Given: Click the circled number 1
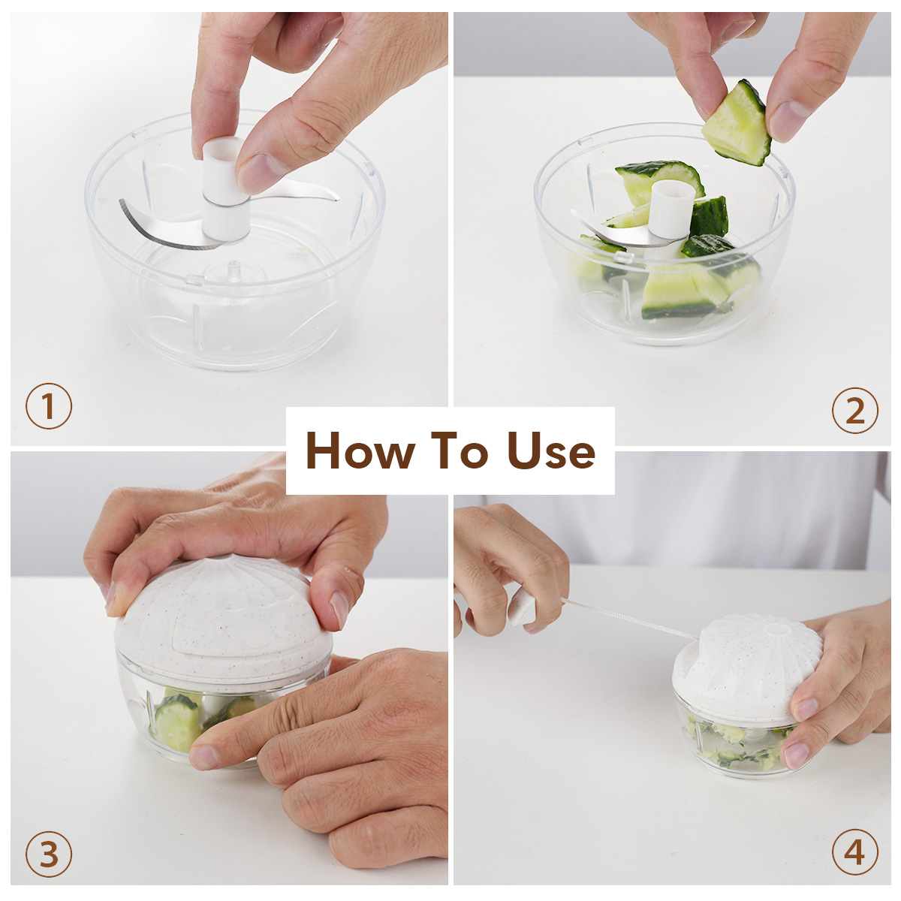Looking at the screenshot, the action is point(49,405).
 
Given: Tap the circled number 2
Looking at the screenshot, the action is point(854,410).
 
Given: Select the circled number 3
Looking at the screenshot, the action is point(49,854).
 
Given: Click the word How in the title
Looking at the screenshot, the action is point(360,450).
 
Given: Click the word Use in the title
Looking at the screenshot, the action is point(551,450).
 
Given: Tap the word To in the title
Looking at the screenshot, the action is point(462,450).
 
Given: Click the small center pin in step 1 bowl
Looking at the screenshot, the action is point(234,271).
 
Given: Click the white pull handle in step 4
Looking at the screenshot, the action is point(522,608).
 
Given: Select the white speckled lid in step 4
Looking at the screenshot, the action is point(747,665).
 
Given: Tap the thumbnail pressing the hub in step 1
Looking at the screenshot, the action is point(261,172).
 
